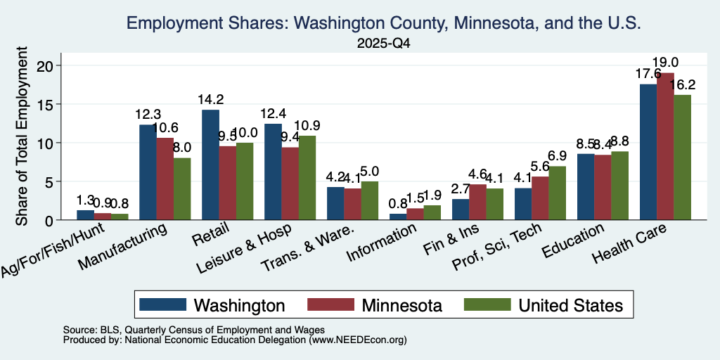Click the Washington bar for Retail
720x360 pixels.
point(210,165)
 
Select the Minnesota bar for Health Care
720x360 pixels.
point(665,146)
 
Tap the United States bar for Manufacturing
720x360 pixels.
point(182,188)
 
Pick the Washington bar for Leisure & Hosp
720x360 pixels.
point(274,172)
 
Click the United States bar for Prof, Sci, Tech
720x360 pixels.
point(557,193)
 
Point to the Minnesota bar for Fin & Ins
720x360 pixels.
point(477,202)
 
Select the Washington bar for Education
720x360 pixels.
point(586,187)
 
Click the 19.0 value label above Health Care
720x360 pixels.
point(665,63)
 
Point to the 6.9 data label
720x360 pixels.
point(558,156)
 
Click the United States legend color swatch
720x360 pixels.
point(488,304)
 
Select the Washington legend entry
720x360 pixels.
point(212,305)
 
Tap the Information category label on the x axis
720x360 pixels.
point(382,243)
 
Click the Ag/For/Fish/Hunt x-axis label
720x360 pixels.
point(52,250)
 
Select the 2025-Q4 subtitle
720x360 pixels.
point(383,44)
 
